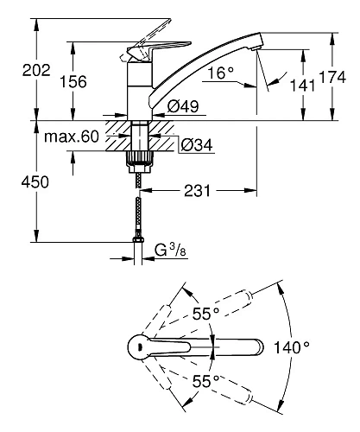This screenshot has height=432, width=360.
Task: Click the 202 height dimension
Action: [x=36, y=70]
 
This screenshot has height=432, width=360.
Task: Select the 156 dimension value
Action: [x=73, y=82]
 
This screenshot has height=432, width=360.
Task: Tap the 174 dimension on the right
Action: [x=332, y=77]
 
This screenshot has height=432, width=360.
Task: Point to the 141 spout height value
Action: [x=302, y=86]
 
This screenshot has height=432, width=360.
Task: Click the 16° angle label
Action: [x=221, y=73]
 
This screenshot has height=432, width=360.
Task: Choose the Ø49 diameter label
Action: [x=183, y=106]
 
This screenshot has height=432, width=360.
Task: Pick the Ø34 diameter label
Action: [x=197, y=145]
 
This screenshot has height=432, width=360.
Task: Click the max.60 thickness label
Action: [x=72, y=137]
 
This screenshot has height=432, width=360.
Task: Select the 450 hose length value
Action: [x=35, y=182]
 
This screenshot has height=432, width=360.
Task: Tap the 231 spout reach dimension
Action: [x=198, y=191]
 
